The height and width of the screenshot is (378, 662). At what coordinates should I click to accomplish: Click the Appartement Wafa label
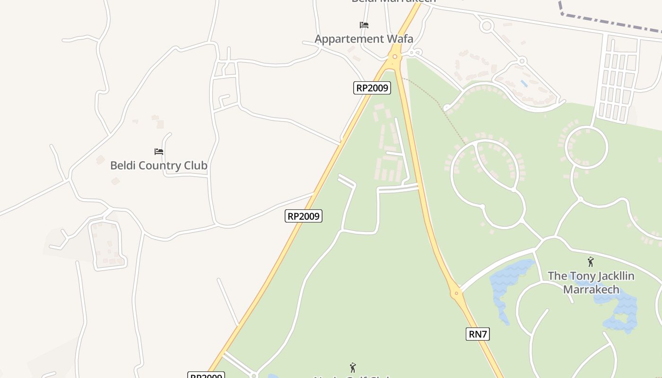[x=364, y=39]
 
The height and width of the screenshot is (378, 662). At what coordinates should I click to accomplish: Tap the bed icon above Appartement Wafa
[x=364, y=25]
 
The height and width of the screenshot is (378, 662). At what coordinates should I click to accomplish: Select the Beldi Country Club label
[x=158, y=165]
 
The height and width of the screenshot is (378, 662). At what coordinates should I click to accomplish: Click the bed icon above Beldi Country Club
[x=159, y=152]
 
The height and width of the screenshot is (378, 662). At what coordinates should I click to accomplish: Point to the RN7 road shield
[x=477, y=334]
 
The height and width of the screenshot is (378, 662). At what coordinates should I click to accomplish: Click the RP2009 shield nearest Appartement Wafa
[x=372, y=87]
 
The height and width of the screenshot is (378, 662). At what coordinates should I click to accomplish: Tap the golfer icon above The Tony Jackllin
[x=590, y=262]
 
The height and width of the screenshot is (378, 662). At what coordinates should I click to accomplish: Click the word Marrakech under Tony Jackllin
[x=591, y=289]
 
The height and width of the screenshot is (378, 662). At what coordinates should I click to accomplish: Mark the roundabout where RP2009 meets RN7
[x=394, y=57]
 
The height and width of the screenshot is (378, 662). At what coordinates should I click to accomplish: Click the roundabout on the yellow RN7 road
[x=456, y=293]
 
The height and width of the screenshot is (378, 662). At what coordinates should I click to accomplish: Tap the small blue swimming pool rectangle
[x=523, y=84]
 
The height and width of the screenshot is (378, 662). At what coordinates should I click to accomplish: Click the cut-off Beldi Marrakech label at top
[x=393, y=1]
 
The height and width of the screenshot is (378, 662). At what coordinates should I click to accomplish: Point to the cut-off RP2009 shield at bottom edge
[x=206, y=376]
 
